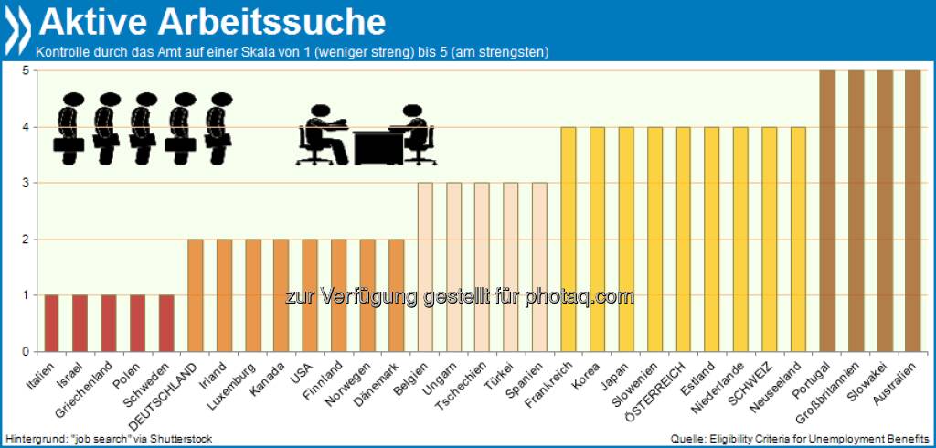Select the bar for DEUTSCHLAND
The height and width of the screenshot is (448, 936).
[195, 295]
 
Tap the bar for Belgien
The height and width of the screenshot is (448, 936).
[425, 267]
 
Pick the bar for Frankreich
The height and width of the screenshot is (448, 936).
[569, 239]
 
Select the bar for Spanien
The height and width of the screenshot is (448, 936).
[540, 267]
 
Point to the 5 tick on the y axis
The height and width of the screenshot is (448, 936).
[28, 70]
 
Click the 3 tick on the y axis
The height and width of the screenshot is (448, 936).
[28, 183]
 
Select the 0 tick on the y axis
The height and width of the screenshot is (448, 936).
[28, 351]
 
